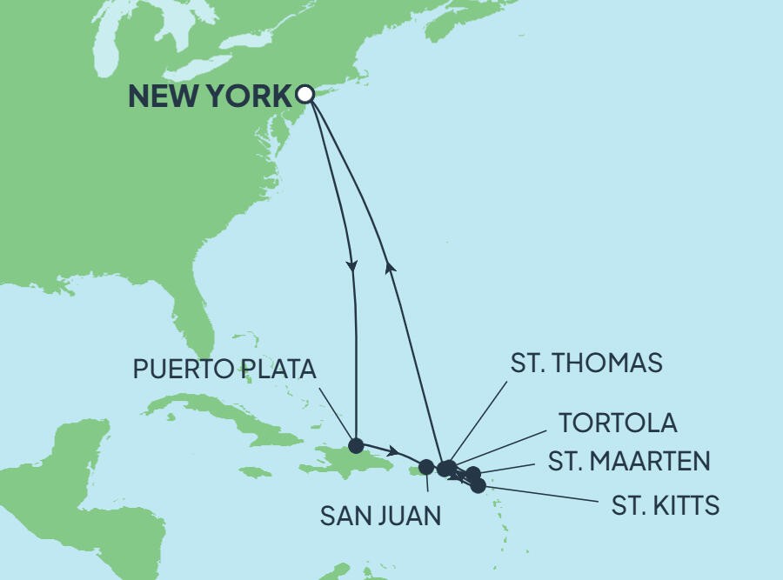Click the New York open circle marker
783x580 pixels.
point(304,93)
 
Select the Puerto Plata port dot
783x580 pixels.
point(355,445)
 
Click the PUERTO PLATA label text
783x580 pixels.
point(224,369)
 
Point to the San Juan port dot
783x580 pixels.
point(426,467)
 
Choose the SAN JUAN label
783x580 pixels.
point(380,516)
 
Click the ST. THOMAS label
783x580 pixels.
point(586,363)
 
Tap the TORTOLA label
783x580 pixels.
point(618,423)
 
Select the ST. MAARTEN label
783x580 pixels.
point(629,461)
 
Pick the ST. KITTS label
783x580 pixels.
point(666,505)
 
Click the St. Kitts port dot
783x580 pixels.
point(478,486)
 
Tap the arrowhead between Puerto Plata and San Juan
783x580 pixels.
point(394,452)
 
